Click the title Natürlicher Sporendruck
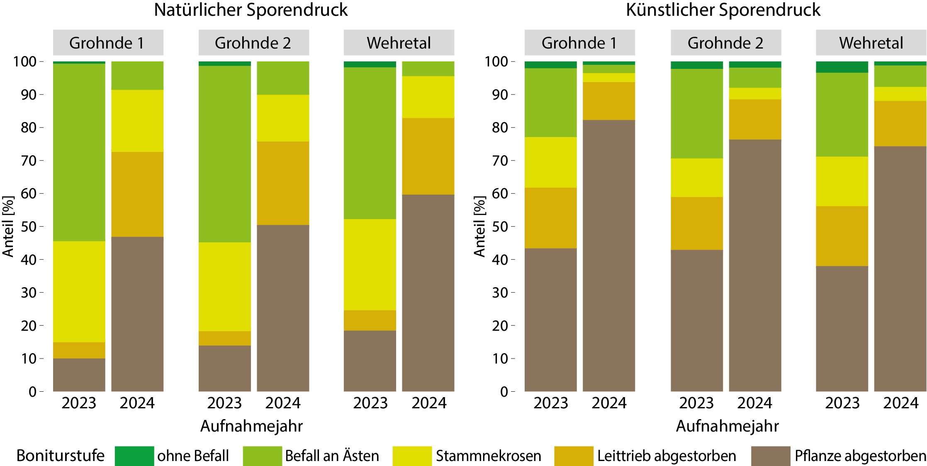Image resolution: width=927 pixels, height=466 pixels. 251,10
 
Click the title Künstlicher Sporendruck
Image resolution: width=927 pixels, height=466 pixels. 723,10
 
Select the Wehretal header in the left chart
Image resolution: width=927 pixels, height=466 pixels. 399,43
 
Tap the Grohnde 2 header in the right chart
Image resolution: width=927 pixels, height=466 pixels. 725,43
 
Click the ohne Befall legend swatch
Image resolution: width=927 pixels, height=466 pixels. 134,456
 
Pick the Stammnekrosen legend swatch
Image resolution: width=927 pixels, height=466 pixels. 412,456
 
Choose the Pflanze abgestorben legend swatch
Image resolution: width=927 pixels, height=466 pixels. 770,456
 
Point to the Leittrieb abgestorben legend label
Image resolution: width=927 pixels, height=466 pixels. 667,456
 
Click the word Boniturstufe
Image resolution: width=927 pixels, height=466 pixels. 61,456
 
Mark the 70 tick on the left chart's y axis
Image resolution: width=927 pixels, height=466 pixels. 29,161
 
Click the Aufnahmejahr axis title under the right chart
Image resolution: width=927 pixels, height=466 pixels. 727,426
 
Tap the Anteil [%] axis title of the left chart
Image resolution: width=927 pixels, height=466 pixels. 8,227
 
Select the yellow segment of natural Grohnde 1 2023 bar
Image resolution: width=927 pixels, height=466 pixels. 79,291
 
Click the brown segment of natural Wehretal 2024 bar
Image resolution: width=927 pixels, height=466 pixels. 428,293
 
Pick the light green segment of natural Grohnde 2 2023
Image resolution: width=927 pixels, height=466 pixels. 224,154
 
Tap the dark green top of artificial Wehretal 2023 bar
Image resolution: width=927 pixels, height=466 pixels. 842,67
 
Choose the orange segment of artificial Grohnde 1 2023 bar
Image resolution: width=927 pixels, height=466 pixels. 550,218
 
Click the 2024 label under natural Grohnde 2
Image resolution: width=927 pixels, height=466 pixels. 283,403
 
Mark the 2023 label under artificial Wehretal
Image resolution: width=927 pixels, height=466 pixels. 842,403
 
